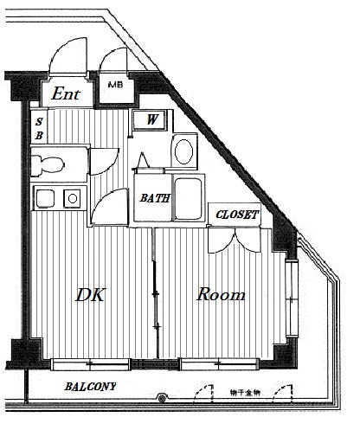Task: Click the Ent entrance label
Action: [66, 93]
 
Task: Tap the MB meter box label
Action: [115, 85]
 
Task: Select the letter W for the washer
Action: [152, 119]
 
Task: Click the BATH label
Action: [155, 198]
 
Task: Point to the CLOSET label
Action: [237, 215]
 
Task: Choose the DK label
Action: [90, 294]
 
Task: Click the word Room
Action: [221, 294]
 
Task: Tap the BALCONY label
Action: [90, 387]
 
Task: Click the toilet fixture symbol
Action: [48, 165]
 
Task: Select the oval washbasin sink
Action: [183, 151]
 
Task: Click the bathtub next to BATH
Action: [189, 198]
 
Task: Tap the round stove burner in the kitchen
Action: [73, 198]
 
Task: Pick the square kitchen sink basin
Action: [45, 198]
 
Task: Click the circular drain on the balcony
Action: [162, 399]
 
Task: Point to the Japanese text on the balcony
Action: [245, 393]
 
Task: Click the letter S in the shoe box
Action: [39, 122]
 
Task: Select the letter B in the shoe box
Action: [39, 135]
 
